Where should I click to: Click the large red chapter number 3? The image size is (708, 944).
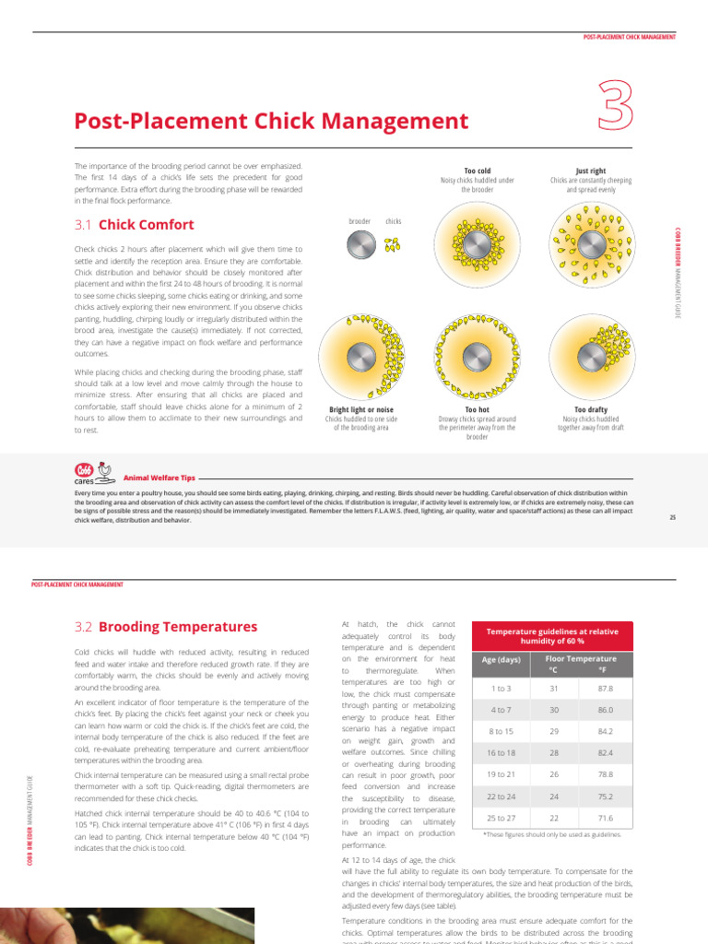[x=615, y=106]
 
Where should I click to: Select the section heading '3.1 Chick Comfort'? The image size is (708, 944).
[x=134, y=224]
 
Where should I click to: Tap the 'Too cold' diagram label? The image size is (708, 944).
[x=477, y=171]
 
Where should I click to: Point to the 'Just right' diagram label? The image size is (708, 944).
[x=590, y=171]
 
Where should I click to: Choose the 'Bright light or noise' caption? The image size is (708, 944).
[x=361, y=409]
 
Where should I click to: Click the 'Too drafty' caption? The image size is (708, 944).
[x=590, y=409]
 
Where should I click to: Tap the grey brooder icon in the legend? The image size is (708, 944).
[x=360, y=244]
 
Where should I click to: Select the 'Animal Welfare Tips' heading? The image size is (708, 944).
[x=159, y=478]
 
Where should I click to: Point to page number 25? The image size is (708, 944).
[x=673, y=517]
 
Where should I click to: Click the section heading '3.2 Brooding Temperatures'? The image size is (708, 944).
[x=166, y=627]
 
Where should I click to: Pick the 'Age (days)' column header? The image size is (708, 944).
[x=501, y=659]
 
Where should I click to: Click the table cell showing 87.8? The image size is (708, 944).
[x=605, y=689]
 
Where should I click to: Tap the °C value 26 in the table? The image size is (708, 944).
[x=554, y=773]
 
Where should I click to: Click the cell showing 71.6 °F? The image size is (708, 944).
[x=605, y=818]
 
